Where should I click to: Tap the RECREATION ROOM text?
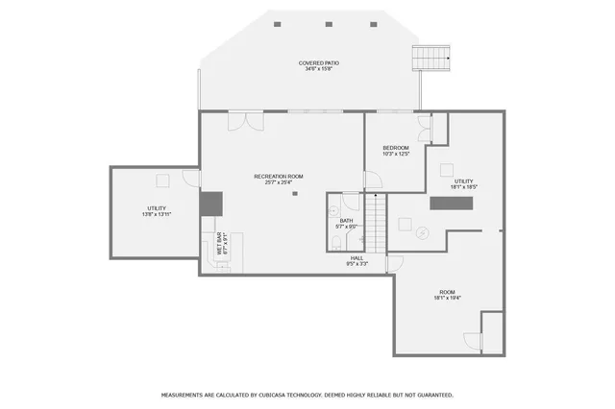[279, 176]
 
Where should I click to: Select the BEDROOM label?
[396, 148]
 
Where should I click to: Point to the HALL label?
[357, 257]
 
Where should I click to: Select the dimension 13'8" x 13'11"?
[158, 214]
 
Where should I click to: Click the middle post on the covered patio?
[329, 24]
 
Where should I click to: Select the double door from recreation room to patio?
[252, 122]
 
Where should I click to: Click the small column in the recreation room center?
[296, 195]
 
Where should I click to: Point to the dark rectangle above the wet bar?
[211, 203]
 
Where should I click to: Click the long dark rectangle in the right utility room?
[452, 203]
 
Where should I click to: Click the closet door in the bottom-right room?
[472, 340]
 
